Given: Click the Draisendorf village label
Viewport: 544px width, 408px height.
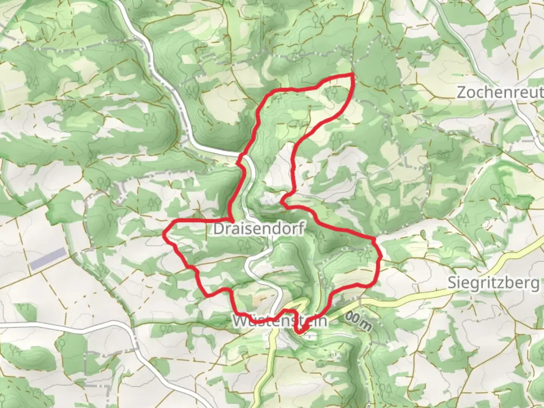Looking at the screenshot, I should point(259,229).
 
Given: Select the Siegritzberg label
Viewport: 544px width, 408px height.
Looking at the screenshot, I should point(493,283).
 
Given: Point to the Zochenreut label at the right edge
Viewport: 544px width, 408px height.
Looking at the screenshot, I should point(500,92).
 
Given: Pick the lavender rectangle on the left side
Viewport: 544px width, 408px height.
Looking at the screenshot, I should point(48,259).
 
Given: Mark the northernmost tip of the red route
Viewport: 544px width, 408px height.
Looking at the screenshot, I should point(353,74).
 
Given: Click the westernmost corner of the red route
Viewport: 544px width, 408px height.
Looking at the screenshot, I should point(164,234).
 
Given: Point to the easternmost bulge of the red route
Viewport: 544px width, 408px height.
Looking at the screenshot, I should point(381,257).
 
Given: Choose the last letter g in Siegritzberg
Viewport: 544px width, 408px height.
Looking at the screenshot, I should point(535,284).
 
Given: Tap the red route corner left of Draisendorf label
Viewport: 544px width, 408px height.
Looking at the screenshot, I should point(231,219).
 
